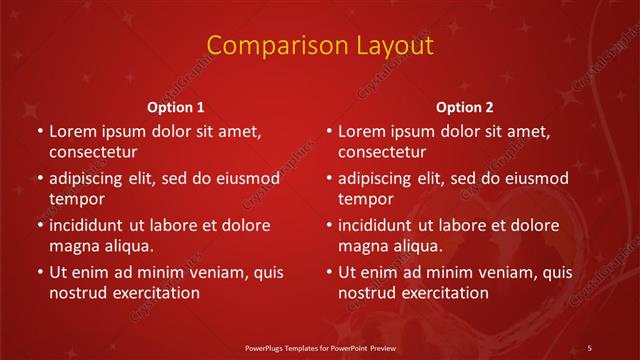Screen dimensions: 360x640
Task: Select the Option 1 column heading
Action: pos(176,107)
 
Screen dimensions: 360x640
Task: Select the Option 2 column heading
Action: pos(465,107)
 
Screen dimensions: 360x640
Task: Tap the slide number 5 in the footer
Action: pos(589,347)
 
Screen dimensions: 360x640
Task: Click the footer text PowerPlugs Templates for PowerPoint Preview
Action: pos(319,347)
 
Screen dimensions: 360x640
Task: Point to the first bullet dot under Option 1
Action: pos(39,131)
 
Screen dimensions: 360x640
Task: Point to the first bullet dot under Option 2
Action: pos(329,131)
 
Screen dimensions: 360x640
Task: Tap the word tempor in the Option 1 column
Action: pos(76,199)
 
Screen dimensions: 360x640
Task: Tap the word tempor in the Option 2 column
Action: pos(366,199)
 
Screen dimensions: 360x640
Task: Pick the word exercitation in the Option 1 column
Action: pos(155,293)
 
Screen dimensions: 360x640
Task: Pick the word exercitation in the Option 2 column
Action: pos(445,293)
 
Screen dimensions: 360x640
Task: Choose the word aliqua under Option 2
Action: pos(417,246)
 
